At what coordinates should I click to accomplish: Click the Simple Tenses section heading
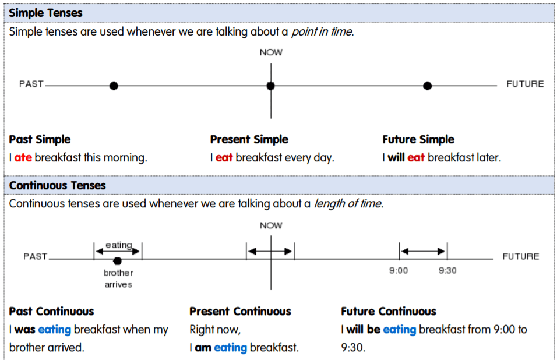46,12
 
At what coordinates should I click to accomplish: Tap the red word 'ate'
22,157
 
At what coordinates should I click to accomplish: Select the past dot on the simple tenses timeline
114,86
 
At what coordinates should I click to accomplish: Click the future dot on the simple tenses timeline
427,86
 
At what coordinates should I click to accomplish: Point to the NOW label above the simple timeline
271,52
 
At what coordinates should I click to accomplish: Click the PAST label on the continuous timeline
36,256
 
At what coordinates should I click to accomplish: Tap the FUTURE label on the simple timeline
524,84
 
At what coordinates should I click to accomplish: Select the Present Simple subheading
249,140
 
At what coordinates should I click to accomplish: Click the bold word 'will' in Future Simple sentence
396,157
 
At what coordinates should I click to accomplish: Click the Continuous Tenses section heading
58,185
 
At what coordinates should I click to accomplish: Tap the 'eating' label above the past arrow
118,245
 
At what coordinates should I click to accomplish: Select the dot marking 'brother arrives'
117,261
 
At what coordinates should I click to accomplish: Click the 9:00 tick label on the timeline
399,271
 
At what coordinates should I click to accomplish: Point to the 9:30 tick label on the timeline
447,271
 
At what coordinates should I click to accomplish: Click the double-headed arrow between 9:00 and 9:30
423,251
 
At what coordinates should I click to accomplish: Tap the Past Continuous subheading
51,312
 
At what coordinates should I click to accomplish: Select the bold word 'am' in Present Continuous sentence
203,348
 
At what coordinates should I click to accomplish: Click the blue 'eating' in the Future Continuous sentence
399,330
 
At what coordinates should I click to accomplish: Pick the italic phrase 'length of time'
348,203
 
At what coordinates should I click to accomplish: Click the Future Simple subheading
418,140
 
